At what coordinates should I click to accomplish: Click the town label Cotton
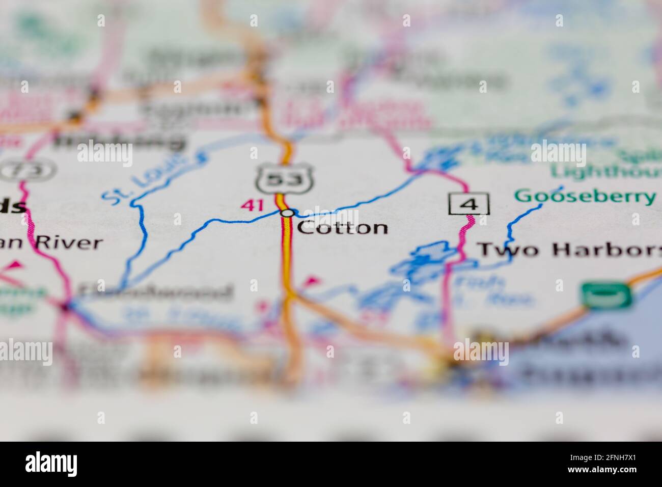point(342,227)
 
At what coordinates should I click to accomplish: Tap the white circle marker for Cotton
point(287,212)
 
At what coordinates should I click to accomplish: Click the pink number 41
point(253,205)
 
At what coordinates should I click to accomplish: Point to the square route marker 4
point(469,204)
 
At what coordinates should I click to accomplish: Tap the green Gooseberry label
point(585,196)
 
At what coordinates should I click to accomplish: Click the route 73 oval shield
point(27,169)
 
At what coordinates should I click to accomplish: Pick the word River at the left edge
point(68,242)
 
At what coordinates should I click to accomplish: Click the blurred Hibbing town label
point(119,140)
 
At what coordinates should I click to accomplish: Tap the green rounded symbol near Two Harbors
point(606,295)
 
